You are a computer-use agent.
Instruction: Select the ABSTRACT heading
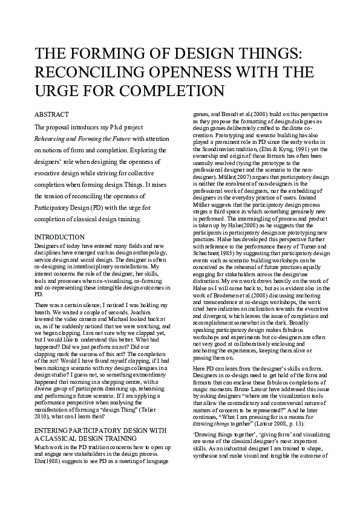coord(51,114)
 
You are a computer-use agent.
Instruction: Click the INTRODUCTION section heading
coord(59,237)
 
